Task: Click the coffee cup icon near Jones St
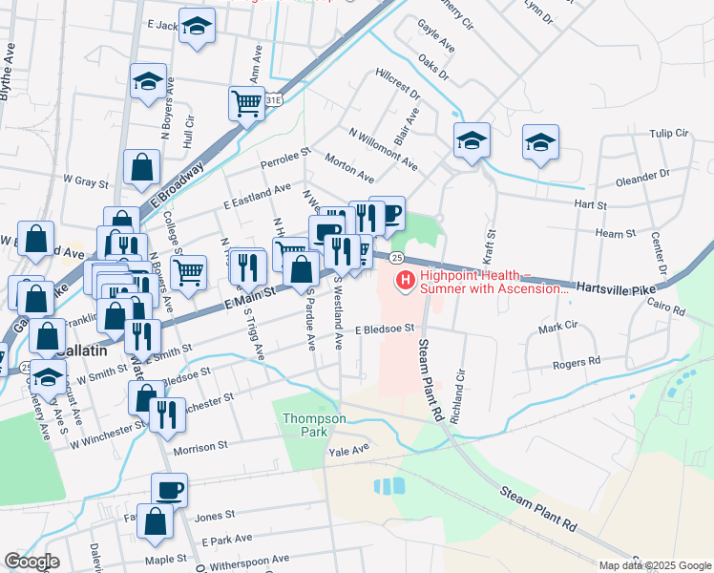[x=169, y=490]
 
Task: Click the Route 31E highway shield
[x=274, y=99]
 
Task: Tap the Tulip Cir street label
[x=668, y=135]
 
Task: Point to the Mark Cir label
[x=558, y=327]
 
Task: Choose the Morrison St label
[x=200, y=445]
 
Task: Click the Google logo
[x=31, y=562]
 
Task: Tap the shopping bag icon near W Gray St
[x=141, y=168]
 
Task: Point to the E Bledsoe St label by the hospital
[x=384, y=329]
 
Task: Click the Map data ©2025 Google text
[x=655, y=565]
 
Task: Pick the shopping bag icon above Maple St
[x=169, y=521]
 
